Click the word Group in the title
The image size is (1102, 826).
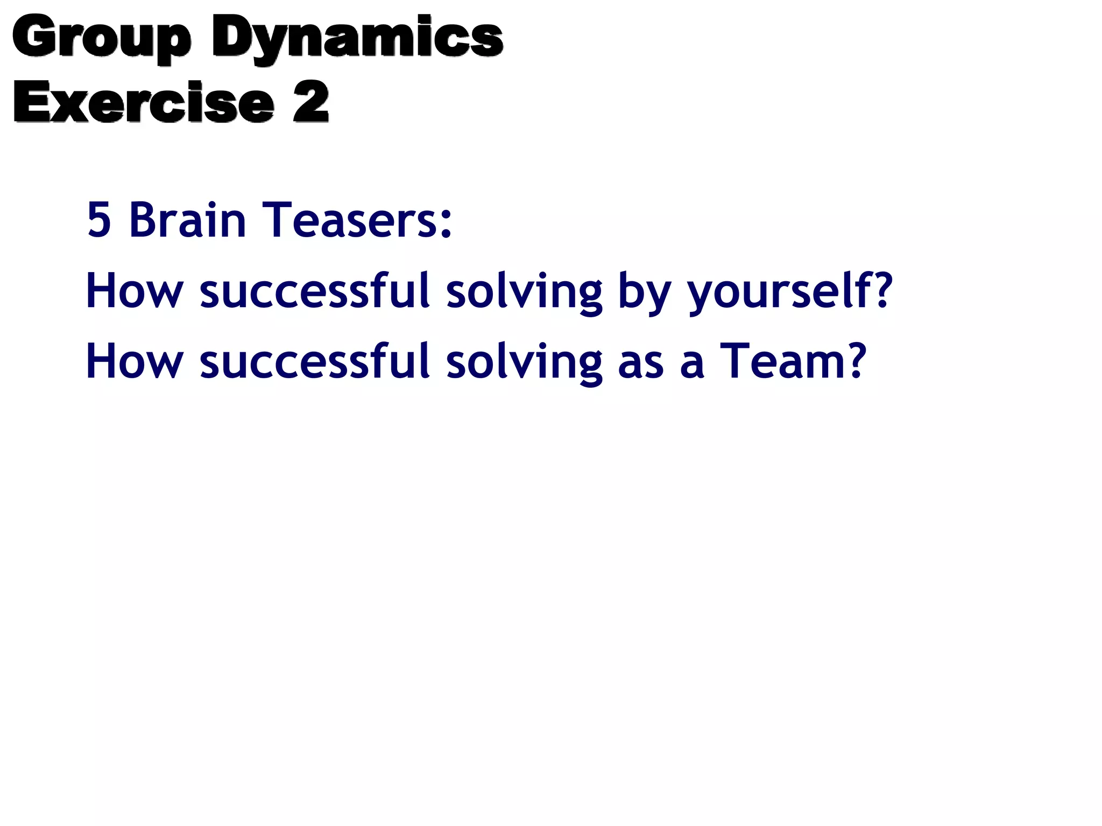click(x=101, y=38)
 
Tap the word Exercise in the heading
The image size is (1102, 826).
click(x=144, y=102)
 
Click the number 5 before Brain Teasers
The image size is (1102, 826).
click(x=98, y=219)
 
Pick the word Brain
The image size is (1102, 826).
click(x=187, y=219)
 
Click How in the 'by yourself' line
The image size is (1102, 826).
click(x=135, y=290)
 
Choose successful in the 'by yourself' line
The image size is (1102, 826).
click(x=315, y=290)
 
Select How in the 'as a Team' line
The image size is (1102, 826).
click(x=135, y=361)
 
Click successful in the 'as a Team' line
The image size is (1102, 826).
click(x=315, y=361)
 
